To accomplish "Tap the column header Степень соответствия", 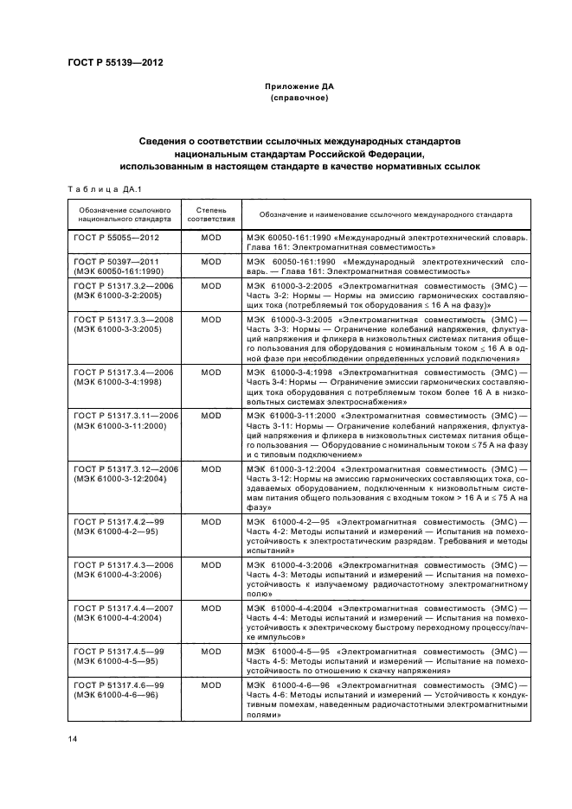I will [x=211, y=213].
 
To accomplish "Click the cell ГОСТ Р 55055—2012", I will [x=116, y=236].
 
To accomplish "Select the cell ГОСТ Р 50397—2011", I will [x=116, y=259].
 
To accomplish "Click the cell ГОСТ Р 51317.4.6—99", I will [x=116, y=685].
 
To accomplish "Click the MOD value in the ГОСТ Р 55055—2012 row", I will [x=211, y=236].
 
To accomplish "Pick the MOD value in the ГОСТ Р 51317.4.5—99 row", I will [x=211, y=650].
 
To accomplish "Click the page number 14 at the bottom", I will [x=73, y=738].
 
